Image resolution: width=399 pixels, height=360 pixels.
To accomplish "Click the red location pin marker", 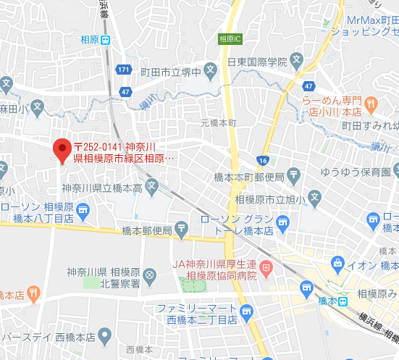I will point(62,150).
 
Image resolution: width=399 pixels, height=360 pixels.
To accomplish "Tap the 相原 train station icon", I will point(106,40).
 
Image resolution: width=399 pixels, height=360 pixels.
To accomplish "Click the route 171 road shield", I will point(124,70).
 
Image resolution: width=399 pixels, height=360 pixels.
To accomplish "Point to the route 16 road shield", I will point(262,160).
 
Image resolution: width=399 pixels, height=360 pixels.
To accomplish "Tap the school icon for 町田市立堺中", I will point(210,72).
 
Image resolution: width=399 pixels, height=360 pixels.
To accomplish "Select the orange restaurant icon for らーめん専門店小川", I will point(370,104).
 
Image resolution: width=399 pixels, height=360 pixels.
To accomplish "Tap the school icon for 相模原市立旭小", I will point(314,196).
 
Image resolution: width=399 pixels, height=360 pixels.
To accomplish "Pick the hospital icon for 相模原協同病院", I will point(266,268).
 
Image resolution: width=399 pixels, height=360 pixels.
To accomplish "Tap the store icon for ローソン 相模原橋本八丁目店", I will point(83,211).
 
